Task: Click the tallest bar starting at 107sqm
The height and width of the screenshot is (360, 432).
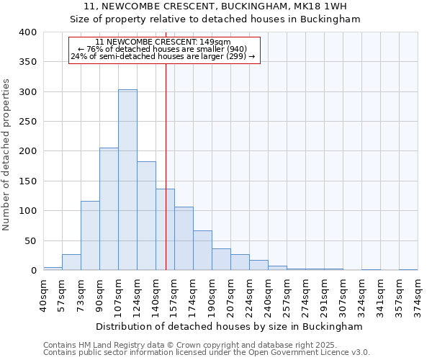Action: tap(127, 180)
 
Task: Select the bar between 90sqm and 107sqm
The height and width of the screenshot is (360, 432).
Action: tap(109, 209)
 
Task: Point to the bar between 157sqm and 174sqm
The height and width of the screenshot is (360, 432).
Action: tap(184, 238)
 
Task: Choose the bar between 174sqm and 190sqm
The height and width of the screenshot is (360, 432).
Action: tap(202, 251)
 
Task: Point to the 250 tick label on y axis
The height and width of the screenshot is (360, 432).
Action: tap(27, 122)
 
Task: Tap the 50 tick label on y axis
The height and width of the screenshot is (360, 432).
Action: tap(30, 240)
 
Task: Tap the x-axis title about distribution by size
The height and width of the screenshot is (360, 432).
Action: tap(229, 326)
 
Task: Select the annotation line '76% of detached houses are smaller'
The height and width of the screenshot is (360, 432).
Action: tap(163, 49)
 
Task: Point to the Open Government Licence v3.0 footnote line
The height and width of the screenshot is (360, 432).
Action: tap(207, 352)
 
